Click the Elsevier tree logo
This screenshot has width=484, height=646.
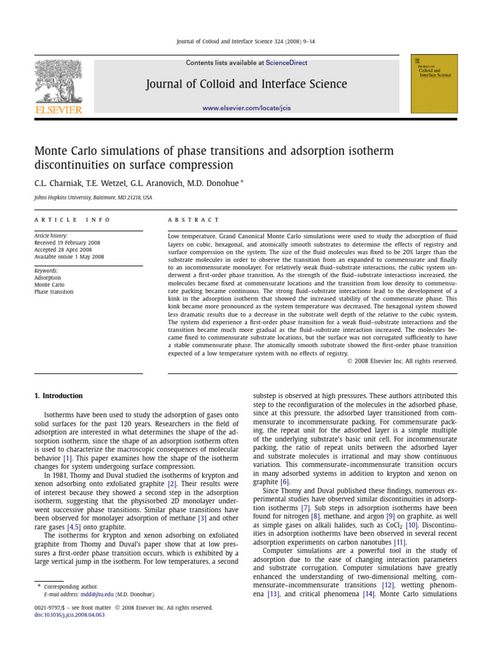tap(58, 82)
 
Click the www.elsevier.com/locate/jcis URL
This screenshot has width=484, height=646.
tap(246, 109)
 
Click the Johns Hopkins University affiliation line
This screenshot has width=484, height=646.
tap(93, 197)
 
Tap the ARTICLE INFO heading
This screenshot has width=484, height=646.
tap(72, 220)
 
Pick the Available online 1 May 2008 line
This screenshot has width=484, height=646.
tap(69, 257)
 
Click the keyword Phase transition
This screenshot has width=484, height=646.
tap(54, 292)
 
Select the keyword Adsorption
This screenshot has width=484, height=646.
tap(48, 278)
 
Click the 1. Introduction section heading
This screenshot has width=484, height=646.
tap(58, 396)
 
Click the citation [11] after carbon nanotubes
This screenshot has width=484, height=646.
tap(400, 541)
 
